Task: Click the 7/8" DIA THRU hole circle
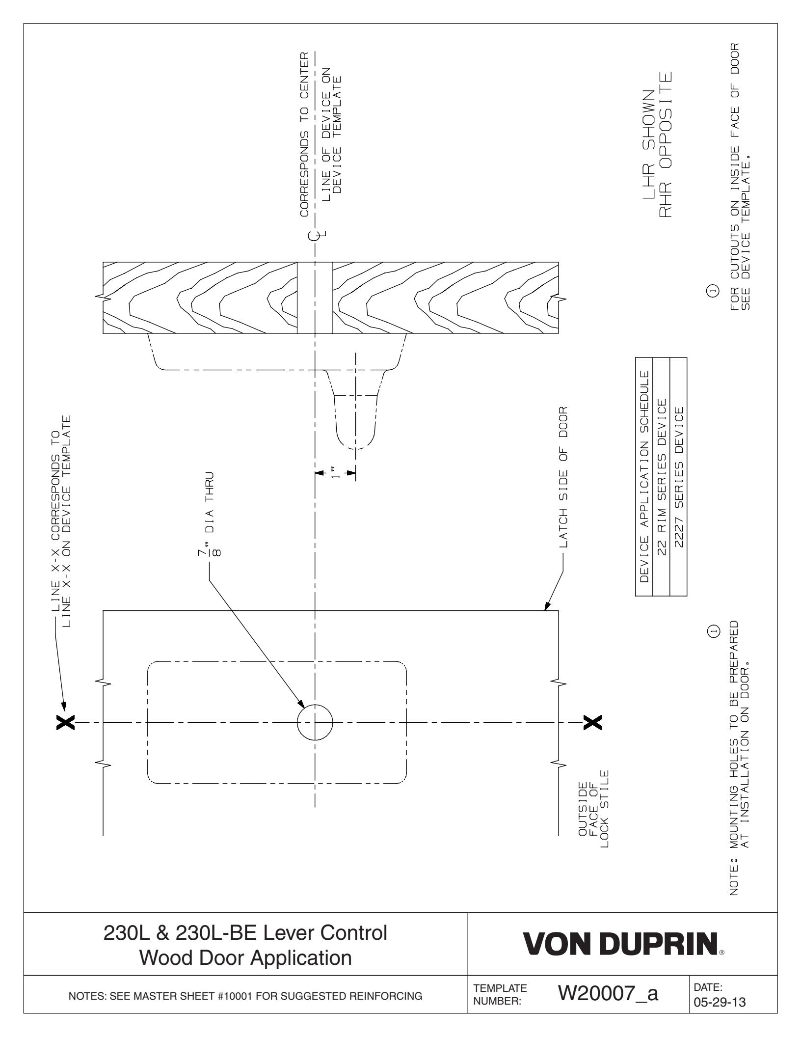[315, 722]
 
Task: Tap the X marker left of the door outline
[66, 722]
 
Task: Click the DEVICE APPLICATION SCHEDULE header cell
[644, 476]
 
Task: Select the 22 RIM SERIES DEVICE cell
[662, 476]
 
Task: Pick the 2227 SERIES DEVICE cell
[679, 476]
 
